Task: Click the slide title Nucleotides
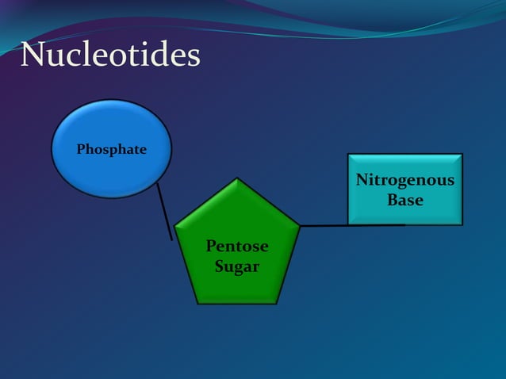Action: click(109, 56)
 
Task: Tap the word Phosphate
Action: click(111, 149)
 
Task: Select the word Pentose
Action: click(237, 247)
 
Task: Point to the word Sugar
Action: click(237, 266)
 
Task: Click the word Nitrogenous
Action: click(404, 180)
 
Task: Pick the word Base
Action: click(404, 200)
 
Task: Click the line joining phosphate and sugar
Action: click(164, 211)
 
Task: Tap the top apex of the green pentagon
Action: click(236, 178)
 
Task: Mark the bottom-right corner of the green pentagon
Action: click(278, 303)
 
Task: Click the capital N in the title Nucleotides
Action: click(33, 56)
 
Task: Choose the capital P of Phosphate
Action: click(80, 149)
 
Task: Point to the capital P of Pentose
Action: click(210, 247)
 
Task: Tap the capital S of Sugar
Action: click(220, 266)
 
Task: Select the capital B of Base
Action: click(392, 200)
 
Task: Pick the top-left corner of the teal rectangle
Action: click(349, 155)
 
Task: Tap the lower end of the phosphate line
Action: click(171, 239)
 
